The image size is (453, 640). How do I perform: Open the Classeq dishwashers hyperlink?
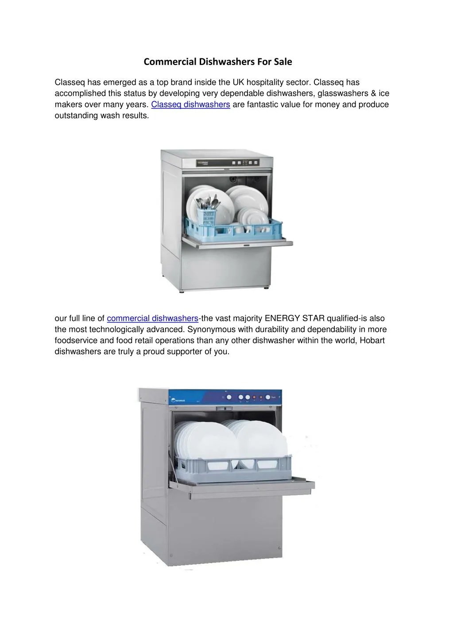tap(190, 105)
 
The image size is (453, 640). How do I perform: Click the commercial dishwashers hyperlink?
tap(152, 318)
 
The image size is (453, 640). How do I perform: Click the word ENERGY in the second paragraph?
tap(282, 318)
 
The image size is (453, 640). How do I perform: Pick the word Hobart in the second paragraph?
tap(372, 341)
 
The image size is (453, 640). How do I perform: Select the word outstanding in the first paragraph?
tap(77, 116)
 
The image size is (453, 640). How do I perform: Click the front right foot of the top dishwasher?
tap(266, 289)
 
